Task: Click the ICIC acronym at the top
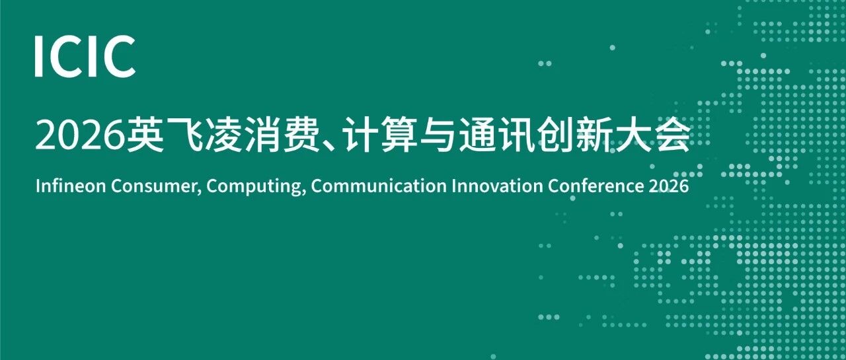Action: [85, 57]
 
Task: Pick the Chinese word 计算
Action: [381, 135]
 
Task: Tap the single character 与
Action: [438, 135]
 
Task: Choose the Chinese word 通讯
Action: [496, 135]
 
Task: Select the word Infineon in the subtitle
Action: [71, 186]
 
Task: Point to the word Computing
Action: [256, 188]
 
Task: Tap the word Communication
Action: [379, 186]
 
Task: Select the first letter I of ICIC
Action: [38, 57]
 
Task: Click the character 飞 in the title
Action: [184, 135]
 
